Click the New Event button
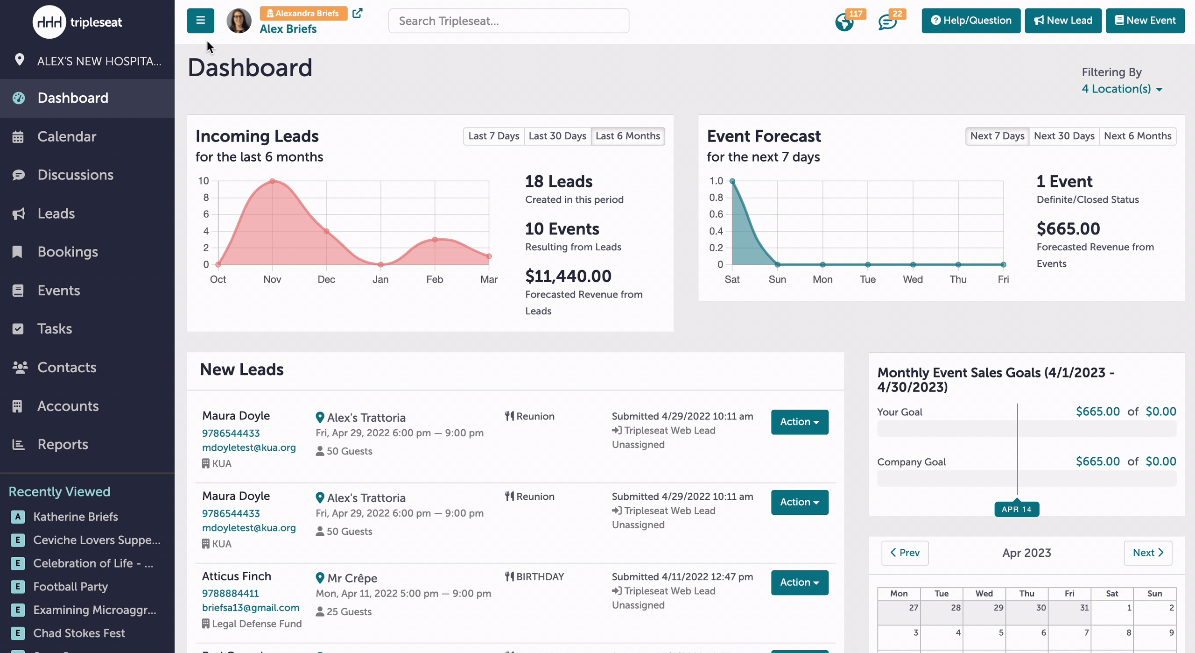(1145, 21)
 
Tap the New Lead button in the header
(1063, 21)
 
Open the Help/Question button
(971, 21)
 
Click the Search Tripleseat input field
(508, 21)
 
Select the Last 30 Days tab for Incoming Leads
(557, 136)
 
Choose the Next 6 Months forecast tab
(1138, 136)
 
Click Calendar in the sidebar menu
(67, 136)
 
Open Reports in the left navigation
(63, 444)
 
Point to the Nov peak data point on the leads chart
(272, 181)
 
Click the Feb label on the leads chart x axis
(435, 279)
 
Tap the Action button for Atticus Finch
(800, 582)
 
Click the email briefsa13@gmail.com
(251, 608)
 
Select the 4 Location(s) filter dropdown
(1122, 89)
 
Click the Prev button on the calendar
(905, 553)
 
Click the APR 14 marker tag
(1017, 509)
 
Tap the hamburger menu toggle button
(201, 21)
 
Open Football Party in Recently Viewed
(70, 587)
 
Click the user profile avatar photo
(239, 21)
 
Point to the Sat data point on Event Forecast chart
(732, 181)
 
